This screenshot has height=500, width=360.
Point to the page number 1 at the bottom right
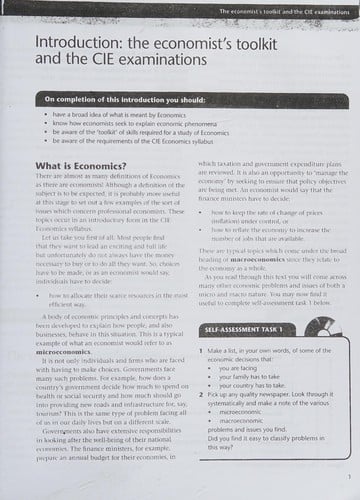point(343,478)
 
